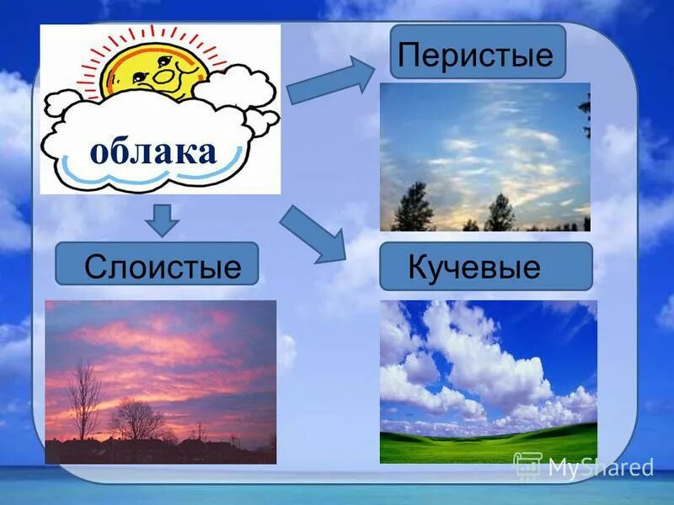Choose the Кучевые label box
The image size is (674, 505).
pos(486,266)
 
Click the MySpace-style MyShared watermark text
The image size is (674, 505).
pos(600,467)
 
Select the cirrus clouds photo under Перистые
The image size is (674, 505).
pos(484,157)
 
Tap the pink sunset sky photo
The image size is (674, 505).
pos(160,353)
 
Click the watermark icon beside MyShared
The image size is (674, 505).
pos(527,465)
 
